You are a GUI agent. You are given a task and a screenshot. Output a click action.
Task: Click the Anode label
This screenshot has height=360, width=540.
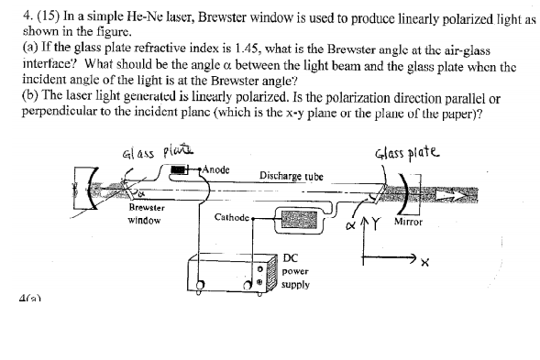[x=217, y=169]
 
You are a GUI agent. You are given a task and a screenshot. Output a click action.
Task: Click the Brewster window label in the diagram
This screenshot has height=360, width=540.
[x=147, y=213]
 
